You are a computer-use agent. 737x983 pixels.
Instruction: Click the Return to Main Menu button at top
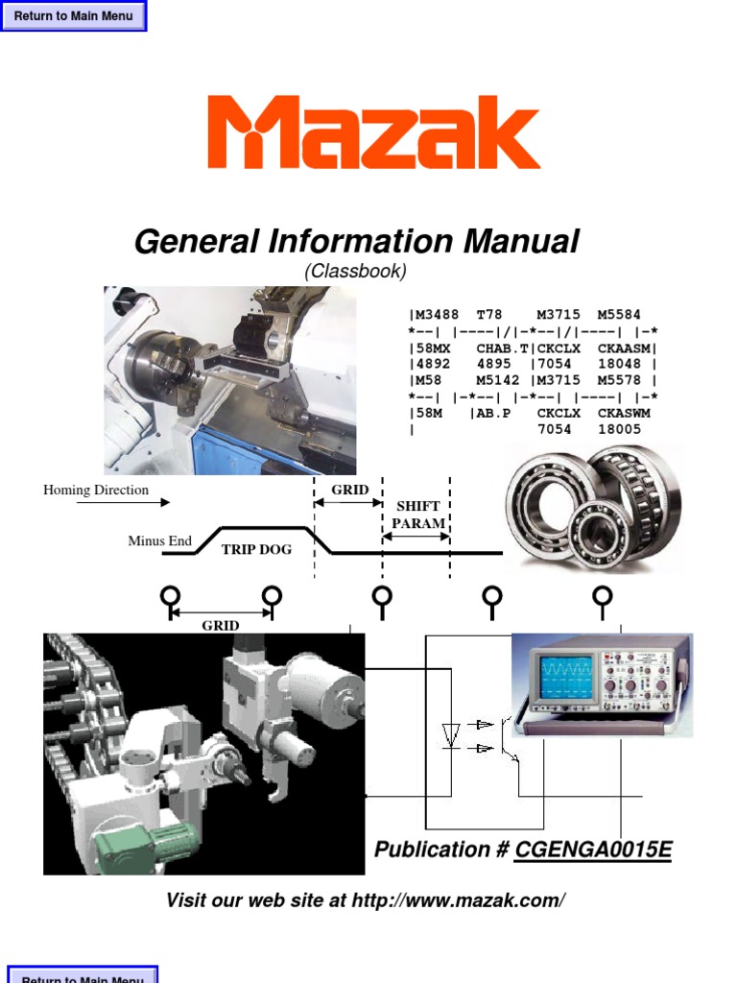73,15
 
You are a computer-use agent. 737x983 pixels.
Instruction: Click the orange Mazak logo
373,132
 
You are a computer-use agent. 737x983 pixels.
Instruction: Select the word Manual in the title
521,241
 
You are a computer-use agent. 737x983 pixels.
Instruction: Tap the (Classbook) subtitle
355,271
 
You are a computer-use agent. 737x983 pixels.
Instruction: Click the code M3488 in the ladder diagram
437,314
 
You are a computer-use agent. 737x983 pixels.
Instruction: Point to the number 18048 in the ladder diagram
619,364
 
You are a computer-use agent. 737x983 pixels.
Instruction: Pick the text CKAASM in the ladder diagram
624,348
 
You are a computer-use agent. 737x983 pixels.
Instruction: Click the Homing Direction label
96,490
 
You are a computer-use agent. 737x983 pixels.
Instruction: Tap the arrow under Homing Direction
123,502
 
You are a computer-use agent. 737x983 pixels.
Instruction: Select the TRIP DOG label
256,550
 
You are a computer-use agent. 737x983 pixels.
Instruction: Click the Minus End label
160,540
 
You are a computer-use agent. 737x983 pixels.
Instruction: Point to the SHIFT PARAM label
418,515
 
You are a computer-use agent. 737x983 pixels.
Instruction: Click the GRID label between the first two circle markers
221,625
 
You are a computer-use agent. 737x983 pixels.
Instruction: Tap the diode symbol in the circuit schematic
451,734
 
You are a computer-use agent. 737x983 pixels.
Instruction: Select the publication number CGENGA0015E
593,850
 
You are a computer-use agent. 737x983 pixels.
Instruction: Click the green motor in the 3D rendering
146,844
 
